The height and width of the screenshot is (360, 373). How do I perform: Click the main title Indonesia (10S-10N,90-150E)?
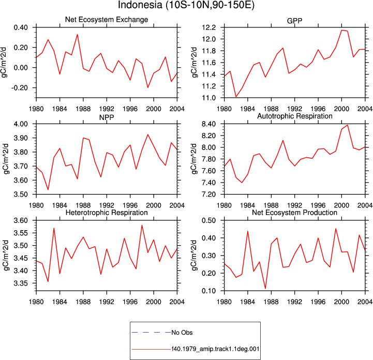186,5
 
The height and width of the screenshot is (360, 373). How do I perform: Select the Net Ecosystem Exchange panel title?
107,20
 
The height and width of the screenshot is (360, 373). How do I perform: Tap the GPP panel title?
294,21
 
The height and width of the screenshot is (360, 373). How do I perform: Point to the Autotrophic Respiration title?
295,116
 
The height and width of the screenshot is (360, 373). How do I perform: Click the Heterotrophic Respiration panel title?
107,213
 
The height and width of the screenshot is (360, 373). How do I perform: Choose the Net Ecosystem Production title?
294,213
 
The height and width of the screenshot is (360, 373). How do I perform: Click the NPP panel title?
107,117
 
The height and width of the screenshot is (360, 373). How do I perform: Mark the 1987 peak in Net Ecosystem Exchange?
77,35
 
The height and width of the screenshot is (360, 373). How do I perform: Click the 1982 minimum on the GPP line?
236,97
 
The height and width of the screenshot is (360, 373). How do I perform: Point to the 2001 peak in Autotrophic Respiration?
348,125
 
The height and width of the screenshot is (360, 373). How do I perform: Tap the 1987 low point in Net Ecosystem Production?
265,289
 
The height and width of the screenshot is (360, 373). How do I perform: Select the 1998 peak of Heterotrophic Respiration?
142,225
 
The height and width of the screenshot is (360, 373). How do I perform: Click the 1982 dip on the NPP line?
48,190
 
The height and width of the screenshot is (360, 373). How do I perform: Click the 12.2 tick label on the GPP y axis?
208,27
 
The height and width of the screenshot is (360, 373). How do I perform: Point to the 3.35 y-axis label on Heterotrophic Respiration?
21,283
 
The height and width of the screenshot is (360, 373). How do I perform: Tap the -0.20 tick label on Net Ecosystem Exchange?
20,88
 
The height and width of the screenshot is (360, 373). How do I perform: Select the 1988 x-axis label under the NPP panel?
83,205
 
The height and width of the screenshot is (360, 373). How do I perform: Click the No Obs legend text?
182,333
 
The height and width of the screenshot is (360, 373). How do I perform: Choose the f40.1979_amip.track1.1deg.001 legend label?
215,349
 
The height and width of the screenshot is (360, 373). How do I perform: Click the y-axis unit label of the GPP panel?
195,63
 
